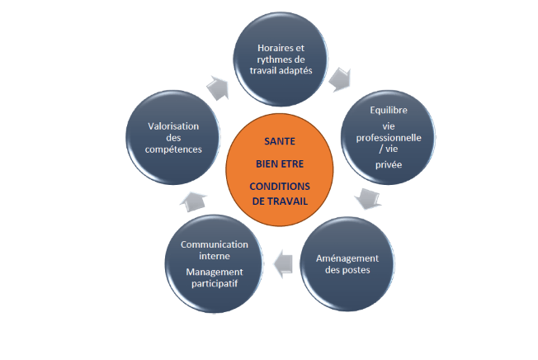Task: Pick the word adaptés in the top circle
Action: (300, 70)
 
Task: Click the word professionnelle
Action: (389, 137)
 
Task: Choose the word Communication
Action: (215, 244)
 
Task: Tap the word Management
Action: (215, 272)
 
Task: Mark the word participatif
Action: (215, 285)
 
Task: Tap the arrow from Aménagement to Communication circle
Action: (283, 263)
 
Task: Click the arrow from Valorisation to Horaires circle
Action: (219, 86)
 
